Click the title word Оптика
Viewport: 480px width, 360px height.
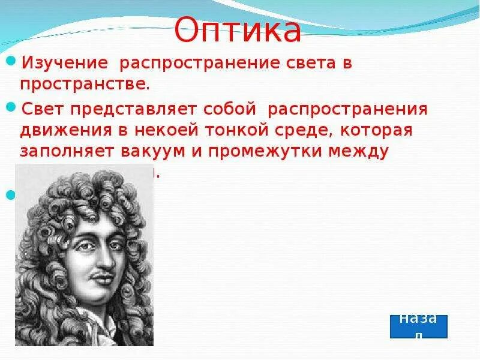238,31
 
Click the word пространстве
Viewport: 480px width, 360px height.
84,83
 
